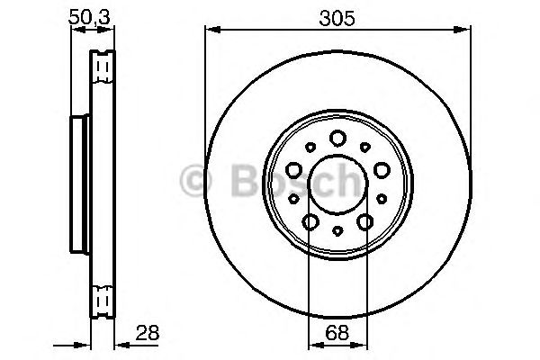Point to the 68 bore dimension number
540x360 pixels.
pyautogui.click(x=337, y=333)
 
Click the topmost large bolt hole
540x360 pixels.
pyautogui.click(x=337, y=138)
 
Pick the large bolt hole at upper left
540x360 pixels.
pyautogui.click(x=294, y=168)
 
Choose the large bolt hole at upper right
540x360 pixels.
pyautogui.click(x=380, y=168)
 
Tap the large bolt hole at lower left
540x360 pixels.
pyautogui.click(x=310, y=220)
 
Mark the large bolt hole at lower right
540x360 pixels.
pyautogui.click(x=364, y=220)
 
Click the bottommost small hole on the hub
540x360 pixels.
pyautogui.click(x=337, y=231)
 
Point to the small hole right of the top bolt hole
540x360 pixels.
pyautogui.click(x=364, y=147)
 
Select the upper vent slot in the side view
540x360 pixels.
pyautogui.click(x=103, y=67)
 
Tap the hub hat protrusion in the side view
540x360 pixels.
pyautogui.click(x=79, y=180)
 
